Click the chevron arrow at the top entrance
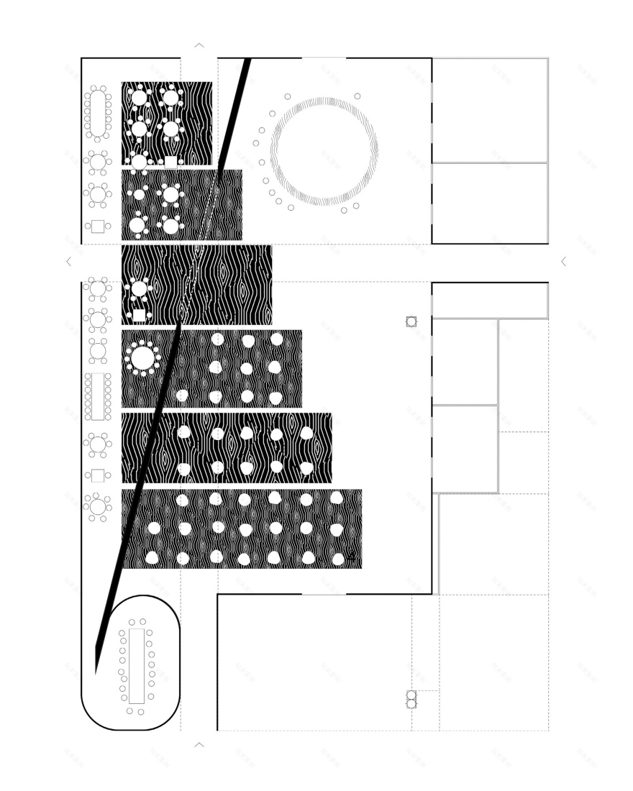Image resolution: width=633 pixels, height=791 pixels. click(x=199, y=45)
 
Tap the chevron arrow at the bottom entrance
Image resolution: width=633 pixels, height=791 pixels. click(x=199, y=745)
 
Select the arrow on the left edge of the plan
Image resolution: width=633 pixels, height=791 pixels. click(x=69, y=262)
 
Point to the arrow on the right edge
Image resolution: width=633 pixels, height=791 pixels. click(x=563, y=262)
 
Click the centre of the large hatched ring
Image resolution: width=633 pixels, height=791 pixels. click(x=324, y=151)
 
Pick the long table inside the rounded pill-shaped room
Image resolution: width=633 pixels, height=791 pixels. click(x=137, y=666)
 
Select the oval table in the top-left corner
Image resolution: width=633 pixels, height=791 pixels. click(x=97, y=113)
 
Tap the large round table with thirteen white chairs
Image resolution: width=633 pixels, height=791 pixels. click(x=142, y=357)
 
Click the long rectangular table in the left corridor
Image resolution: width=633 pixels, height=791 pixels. click(x=97, y=396)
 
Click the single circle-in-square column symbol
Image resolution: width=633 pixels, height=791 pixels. click(x=411, y=321)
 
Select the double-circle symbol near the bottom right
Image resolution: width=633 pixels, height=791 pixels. click(x=411, y=699)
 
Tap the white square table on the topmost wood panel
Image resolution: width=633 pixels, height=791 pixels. click(x=170, y=162)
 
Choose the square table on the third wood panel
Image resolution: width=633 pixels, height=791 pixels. click(x=140, y=315)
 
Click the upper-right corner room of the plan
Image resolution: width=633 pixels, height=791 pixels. click(x=489, y=110)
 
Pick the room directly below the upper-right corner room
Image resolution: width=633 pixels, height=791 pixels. click(x=489, y=204)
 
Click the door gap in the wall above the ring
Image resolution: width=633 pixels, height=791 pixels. click(x=324, y=58)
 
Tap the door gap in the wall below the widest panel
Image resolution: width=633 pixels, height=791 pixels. click(x=324, y=594)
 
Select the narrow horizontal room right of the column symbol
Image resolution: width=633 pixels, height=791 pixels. click(x=489, y=301)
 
